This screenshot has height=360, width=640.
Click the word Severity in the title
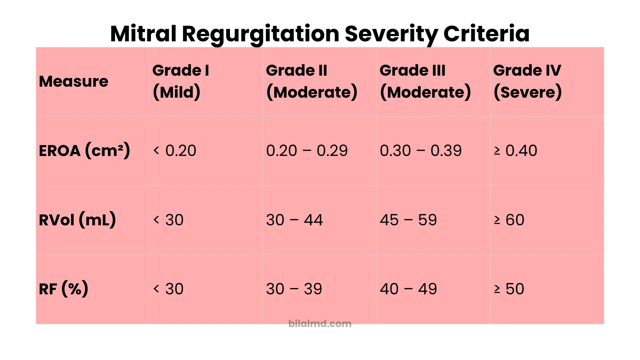pyautogui.click(x=390, y=34)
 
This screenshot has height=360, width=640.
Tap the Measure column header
pyautogui.click(x=74, y=82)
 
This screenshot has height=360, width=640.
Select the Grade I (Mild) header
pyautogui.click(x=181, y=81)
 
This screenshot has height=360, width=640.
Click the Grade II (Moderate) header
pyautogui.click(x=312, y=81)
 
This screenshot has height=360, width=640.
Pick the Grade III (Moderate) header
pyautogui.click(x=425, y=81)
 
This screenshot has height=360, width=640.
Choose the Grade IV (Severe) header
pyautogui.click(x=527, y=81)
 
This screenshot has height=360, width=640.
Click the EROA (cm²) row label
pyautogui.click(x=84, y=151)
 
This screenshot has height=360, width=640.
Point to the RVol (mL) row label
pyautogui.click(x=77, y=220)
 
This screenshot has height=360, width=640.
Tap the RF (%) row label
pyautogui.click(x=64, y=289)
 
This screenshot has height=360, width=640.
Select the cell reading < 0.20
pyautogui.click(x=175, y=151)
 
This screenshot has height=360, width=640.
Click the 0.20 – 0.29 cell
pyautogui.click(x=307, y=151)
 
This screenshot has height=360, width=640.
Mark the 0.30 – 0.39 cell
pyautogui.click(x=421, y=151)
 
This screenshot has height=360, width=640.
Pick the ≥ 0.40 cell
pyautogui.click(x=515, y=151)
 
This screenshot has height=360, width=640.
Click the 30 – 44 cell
pyautogui.click(x=294, y=220)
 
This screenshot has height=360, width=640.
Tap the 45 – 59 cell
pyautogui.click(x=408, y=220)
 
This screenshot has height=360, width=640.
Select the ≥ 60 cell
pyautogui.click(x=509, y=220)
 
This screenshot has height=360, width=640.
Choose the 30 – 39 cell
pyautogui.click(x=294, y=289)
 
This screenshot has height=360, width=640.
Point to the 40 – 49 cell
pyautogui.click(x=408, y=289)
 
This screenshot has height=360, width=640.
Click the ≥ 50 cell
pyautogui.click(x=509, y=289)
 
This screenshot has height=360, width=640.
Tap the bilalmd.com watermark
pyautogui.click(x=320, y=324)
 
